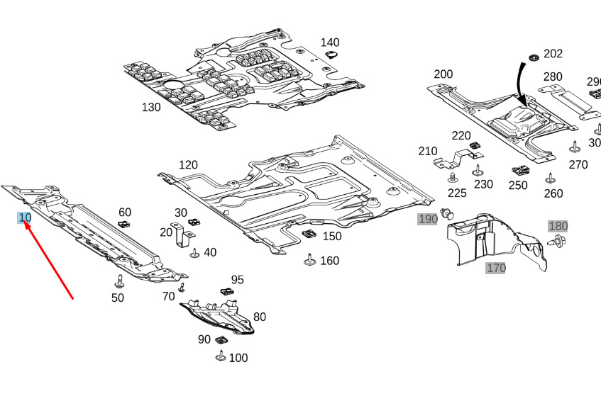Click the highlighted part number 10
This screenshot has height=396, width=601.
(25, 217)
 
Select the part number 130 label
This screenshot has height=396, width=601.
(151, 108)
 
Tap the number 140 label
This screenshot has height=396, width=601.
(330, 43)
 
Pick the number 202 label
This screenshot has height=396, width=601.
(553, 54)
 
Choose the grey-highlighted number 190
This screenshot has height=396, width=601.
(428, 219)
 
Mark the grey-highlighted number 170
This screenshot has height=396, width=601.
(496, 268)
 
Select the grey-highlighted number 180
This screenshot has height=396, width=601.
(558, 226)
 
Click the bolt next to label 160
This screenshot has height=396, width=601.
(310, 260)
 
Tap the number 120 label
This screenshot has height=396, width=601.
(188, 165)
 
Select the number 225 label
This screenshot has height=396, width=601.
(457, 193)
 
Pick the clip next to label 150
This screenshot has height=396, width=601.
(309, 234)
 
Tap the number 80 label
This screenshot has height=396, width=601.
(259, 317)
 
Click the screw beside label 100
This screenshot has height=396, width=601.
(221, 356)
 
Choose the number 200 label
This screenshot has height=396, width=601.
(443, 74)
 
